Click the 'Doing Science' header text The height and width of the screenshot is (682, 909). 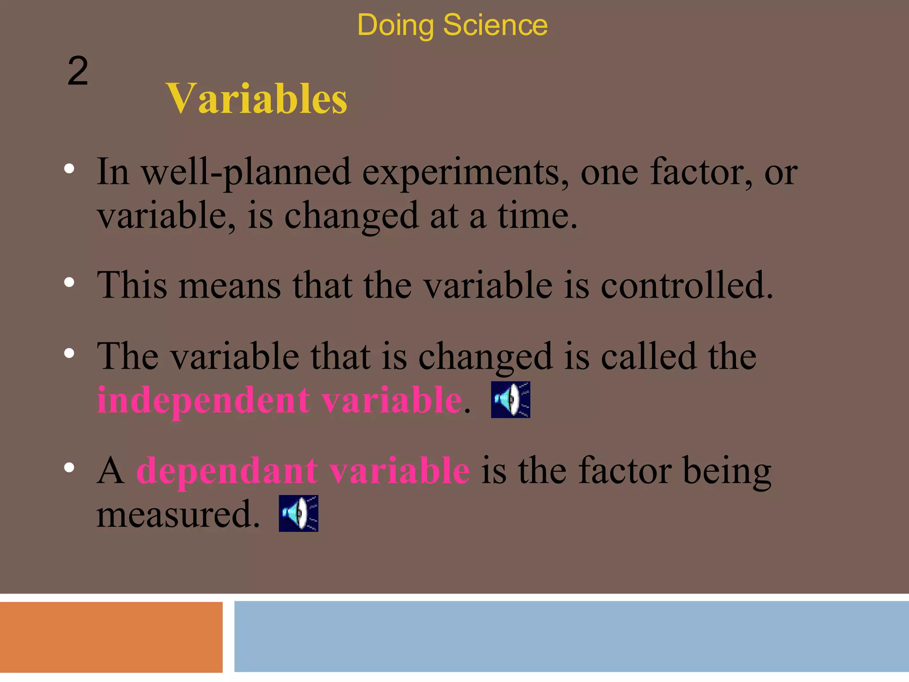tap(452, 25)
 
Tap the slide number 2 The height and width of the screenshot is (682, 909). tap(78, 71)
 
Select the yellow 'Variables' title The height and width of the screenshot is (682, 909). tap(257, 99)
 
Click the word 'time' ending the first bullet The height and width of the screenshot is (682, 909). tap(535, 216)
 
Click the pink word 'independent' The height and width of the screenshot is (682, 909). tap(202, 400)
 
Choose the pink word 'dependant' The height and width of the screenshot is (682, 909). tap(227, 471)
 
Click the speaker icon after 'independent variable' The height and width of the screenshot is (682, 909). tap(510, 400)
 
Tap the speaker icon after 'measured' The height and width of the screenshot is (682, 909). tap(298, 513)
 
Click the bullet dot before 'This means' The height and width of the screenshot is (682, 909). tap(69, 282)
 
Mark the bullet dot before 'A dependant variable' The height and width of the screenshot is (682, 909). tap(69, 468)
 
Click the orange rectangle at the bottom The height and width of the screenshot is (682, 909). tap(111, 637)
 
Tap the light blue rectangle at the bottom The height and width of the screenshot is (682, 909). tap(571, 636)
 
